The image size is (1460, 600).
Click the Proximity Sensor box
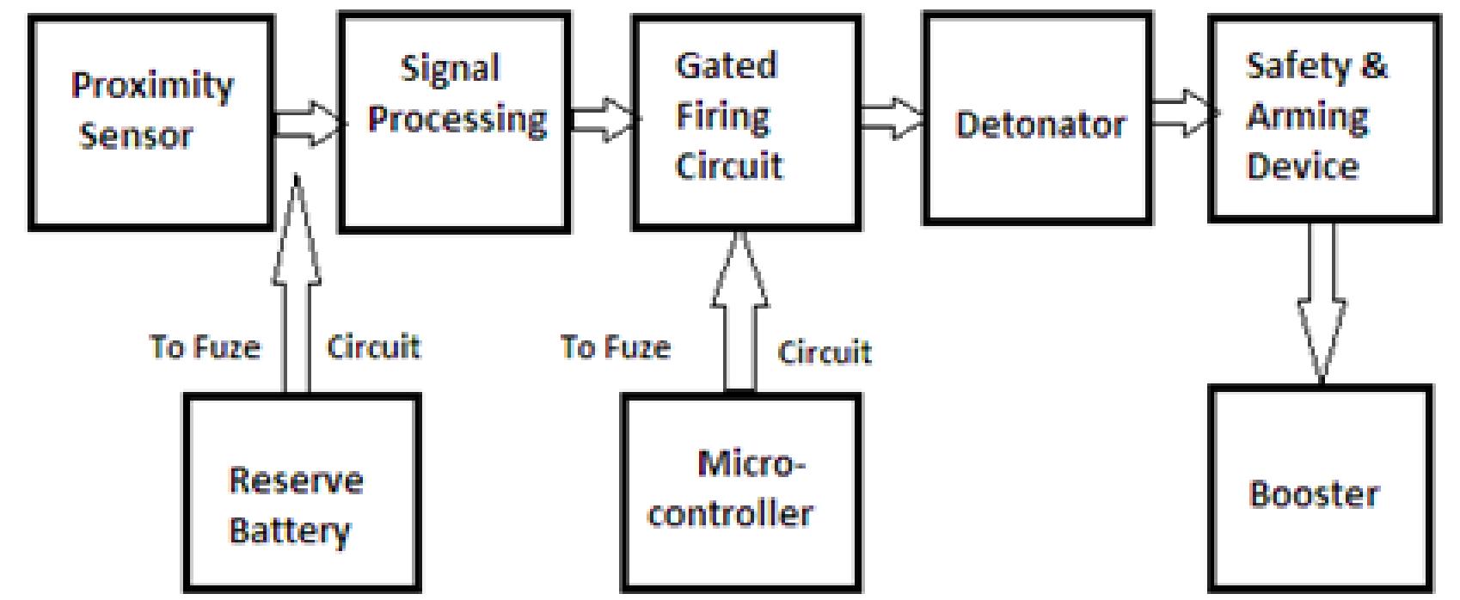[151, 124]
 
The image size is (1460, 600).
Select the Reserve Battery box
[302, 494]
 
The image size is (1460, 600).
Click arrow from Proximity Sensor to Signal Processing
[307, 124]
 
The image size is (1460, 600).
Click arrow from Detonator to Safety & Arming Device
[1182, 113]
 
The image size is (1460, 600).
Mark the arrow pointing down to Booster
[1321, 301]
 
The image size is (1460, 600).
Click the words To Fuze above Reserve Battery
[205, 346]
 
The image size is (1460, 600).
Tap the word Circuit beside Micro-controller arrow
[824, 352]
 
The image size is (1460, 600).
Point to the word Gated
[726, 66]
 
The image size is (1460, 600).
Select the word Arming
[1307, 116]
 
